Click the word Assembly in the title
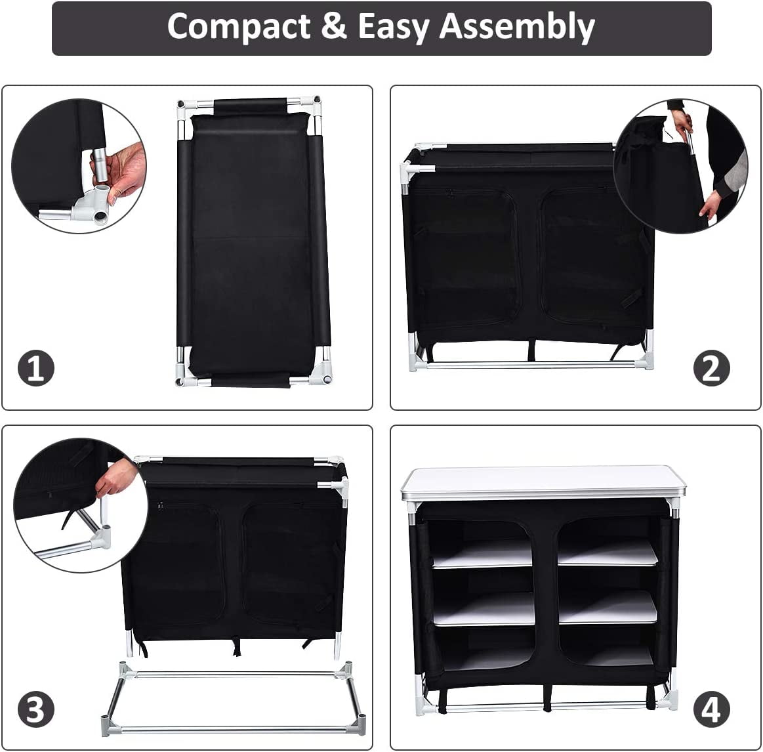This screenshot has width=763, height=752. (517, 27)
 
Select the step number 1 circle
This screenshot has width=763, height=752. (35, 368)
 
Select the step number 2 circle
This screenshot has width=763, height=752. (711, 368)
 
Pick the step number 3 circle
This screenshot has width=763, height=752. (35, 709)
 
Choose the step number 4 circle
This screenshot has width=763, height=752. (711, 709)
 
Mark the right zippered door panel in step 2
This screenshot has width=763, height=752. (587, 256)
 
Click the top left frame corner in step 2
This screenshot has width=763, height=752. (408, 169)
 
